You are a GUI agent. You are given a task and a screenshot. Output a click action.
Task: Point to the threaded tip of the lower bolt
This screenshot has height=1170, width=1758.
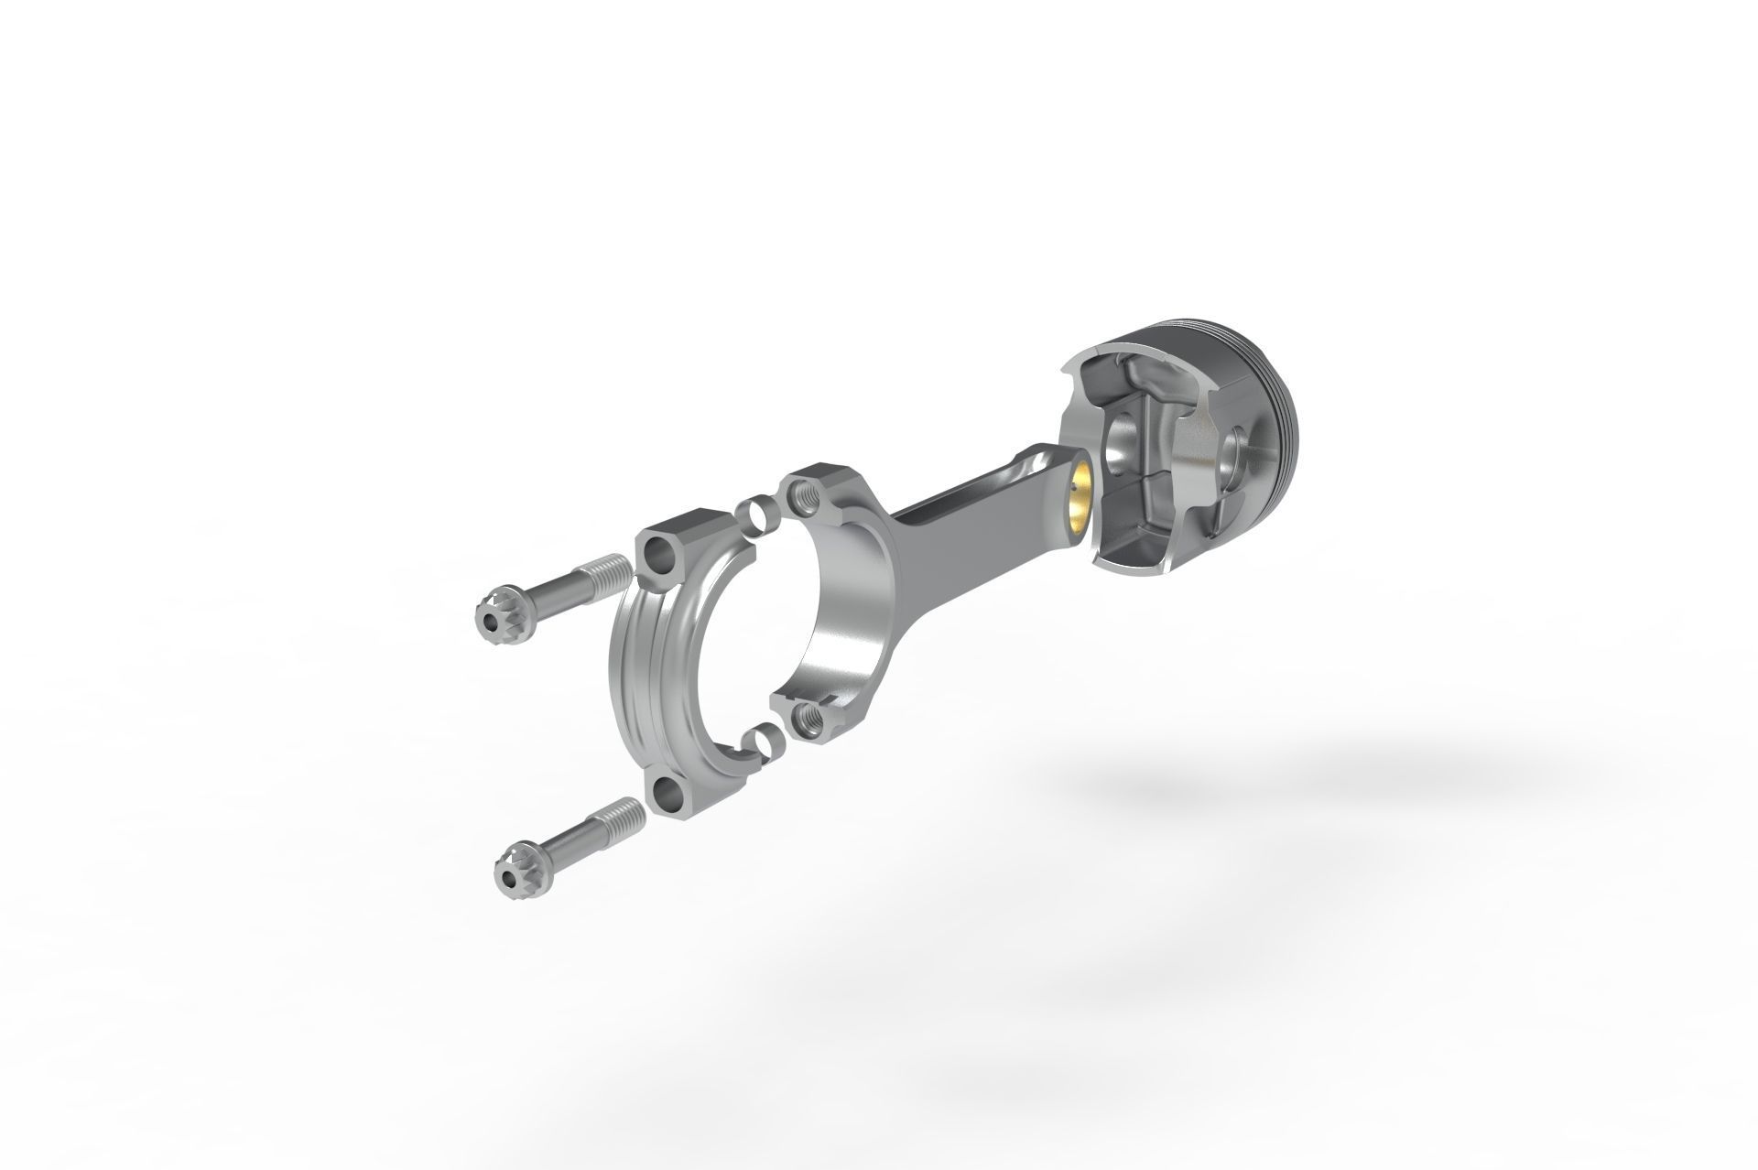coord(627,810)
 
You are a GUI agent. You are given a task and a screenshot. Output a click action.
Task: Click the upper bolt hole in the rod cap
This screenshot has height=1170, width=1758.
coord(660,577)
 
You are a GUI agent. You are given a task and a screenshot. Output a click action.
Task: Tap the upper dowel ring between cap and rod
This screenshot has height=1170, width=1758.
coord(754,515)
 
